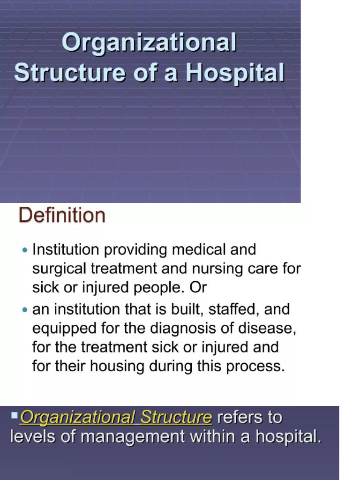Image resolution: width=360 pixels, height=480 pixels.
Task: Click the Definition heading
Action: [62, 216]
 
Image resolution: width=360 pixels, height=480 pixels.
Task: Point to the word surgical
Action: [60, 269]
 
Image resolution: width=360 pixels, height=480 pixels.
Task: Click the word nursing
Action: [208, 269]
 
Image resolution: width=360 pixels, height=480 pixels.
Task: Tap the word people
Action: [153, 288]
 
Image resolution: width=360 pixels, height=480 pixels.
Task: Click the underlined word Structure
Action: [176, 417]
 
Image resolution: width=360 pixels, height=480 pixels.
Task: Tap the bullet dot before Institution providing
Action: [25, 250]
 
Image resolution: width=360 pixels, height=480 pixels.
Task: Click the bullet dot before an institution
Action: [25, 310]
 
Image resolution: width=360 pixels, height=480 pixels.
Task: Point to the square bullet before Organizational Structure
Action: [15, 414]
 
